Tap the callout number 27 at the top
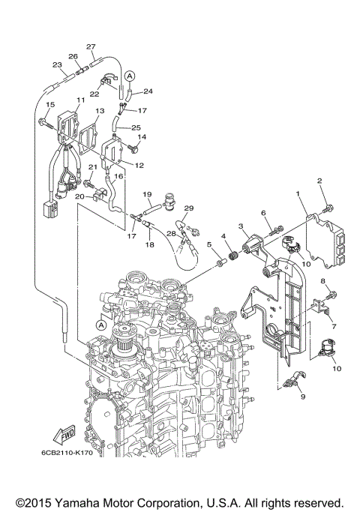pyautogui.click(x=91, y=46)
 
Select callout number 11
pyautogui.click(x=80, y=100)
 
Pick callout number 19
pyautogui.click(x=148, y=193)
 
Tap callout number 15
pyautogui.click(x=50, y=104)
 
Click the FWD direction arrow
pyautogui.click(x=63, y=436)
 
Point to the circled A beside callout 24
pyautogui.click(x=130, y=76)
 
